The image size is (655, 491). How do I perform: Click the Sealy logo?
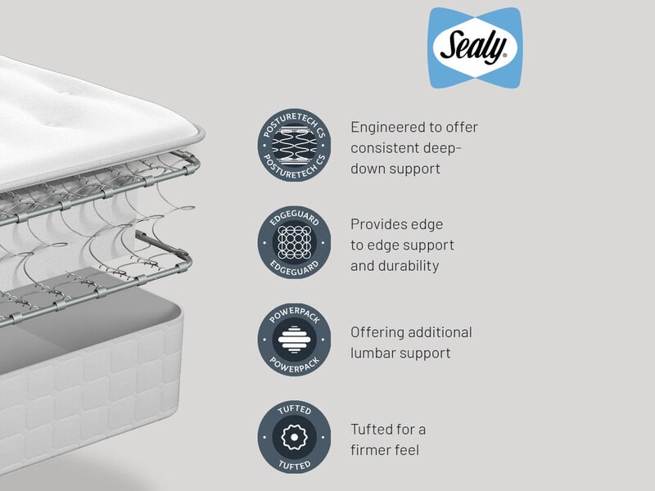coord(474,47)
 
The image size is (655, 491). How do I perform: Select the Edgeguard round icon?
coord(294,244)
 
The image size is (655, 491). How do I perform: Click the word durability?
coord(410,265)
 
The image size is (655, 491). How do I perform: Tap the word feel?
coord(413,450)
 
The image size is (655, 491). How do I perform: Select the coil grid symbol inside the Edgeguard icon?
coord(294,244)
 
